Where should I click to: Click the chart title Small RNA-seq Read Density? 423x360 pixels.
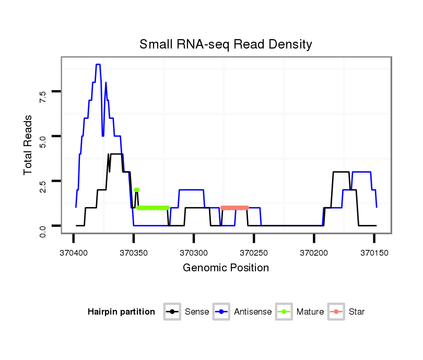click(226, 44)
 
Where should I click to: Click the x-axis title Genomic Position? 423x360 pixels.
click(226, 268)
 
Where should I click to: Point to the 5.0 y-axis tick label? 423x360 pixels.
click(43, 137)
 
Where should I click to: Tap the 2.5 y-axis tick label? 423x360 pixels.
click(43, 181)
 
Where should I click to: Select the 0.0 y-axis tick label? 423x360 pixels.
click(43, 226)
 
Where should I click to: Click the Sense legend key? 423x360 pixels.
click(172, 312)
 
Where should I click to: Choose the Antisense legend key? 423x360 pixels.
click(222, 312)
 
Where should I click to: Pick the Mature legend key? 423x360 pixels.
click(285, 312)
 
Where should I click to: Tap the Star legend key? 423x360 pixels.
click(336, 312)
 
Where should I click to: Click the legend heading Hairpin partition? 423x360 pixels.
click(121, 312)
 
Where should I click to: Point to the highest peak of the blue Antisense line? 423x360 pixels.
click(98, 65)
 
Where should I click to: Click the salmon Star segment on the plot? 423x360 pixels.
click(234, 208)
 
